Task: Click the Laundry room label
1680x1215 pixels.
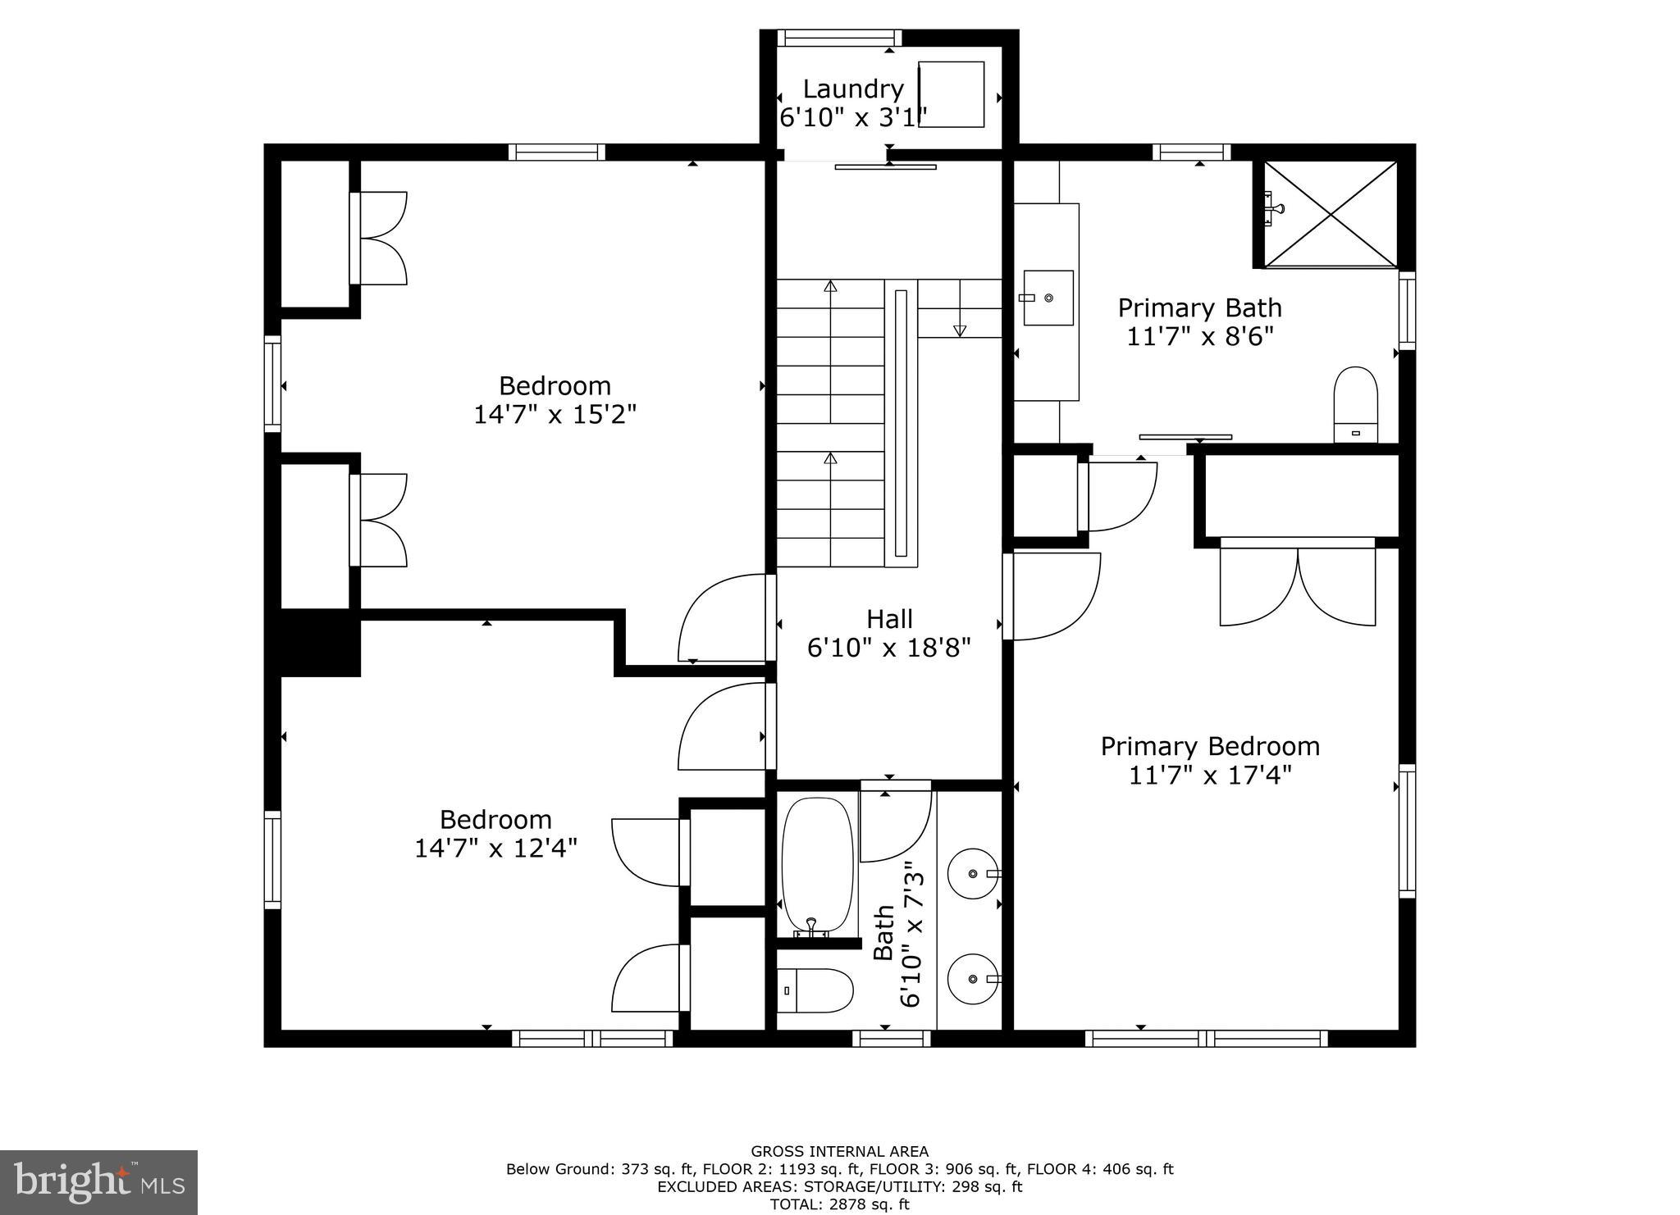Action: (x=852, y=89)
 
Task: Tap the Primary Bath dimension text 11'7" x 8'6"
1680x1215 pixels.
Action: (x=1199, y=337)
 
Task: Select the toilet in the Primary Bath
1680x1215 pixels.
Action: (x=1355, y=403)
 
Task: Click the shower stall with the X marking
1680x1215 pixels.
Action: (x=1330, y=214)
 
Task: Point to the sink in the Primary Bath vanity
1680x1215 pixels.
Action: (x=1048, y=298)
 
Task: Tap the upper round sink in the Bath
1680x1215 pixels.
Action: (x=973, y=874)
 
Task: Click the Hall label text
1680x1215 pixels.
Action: (x=889, y=619)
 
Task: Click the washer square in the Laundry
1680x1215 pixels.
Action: (x=951, y=94)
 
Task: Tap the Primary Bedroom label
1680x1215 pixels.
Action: (x=1210, y=747)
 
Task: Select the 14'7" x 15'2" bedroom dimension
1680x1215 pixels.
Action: (x=555, y=415)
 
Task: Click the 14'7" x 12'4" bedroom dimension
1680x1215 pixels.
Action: (x=495, y=848)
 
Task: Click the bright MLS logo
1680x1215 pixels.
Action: (x=98, y=1181)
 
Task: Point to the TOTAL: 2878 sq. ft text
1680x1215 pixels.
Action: (x=839, y=1204)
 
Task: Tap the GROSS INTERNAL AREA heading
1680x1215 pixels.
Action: (x=839, y=1151)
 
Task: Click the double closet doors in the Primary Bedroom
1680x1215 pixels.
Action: (x=1298, y=585)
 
